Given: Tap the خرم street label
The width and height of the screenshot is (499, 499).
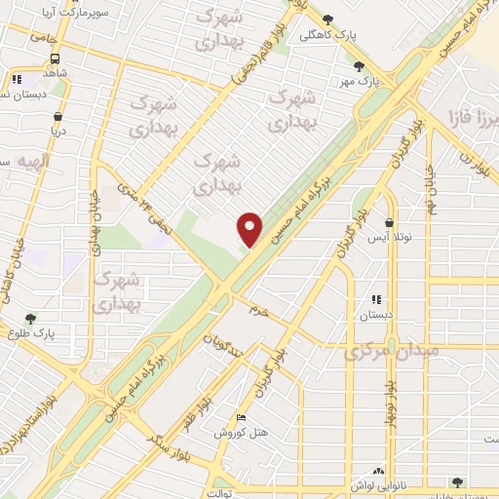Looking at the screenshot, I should pyautogui.click(x=257, y=309).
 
